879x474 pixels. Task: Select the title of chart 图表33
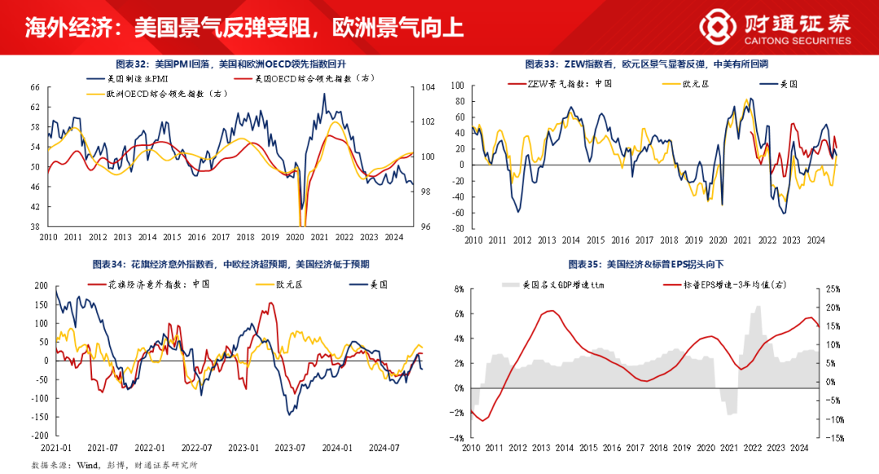[648, 64]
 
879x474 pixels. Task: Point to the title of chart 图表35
[649, 266]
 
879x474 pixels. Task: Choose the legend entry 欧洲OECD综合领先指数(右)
[155, 94]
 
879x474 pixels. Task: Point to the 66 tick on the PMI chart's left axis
[35, 87]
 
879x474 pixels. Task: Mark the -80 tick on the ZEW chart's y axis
[457, 228]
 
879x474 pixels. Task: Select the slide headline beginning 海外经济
[244, 27]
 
